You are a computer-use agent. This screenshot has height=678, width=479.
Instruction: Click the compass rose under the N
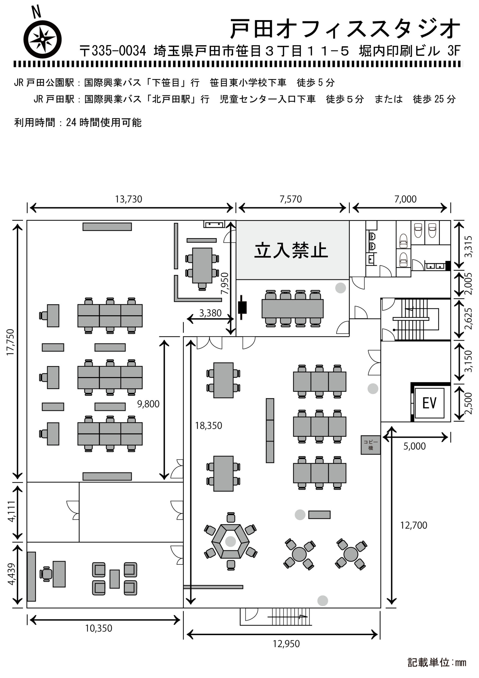click(43, 39)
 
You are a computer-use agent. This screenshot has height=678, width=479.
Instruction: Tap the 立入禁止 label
click(291, 251)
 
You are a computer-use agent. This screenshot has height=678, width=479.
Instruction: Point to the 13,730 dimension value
click(128, 199)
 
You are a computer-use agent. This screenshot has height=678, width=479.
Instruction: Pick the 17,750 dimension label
click(11, 342)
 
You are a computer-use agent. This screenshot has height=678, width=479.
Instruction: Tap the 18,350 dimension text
click(208, 426)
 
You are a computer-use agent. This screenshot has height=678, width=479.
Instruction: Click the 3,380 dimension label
click(210, 313)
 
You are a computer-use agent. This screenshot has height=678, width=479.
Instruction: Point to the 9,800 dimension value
click(148, 404)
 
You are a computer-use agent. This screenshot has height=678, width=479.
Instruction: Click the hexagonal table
click(230, 541)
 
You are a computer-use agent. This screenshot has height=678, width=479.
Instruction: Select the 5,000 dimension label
click(414, 446)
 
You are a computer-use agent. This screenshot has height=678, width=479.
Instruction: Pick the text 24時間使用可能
click(104, 122)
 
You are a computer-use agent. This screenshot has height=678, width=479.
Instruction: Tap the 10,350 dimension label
click(99, 628)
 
